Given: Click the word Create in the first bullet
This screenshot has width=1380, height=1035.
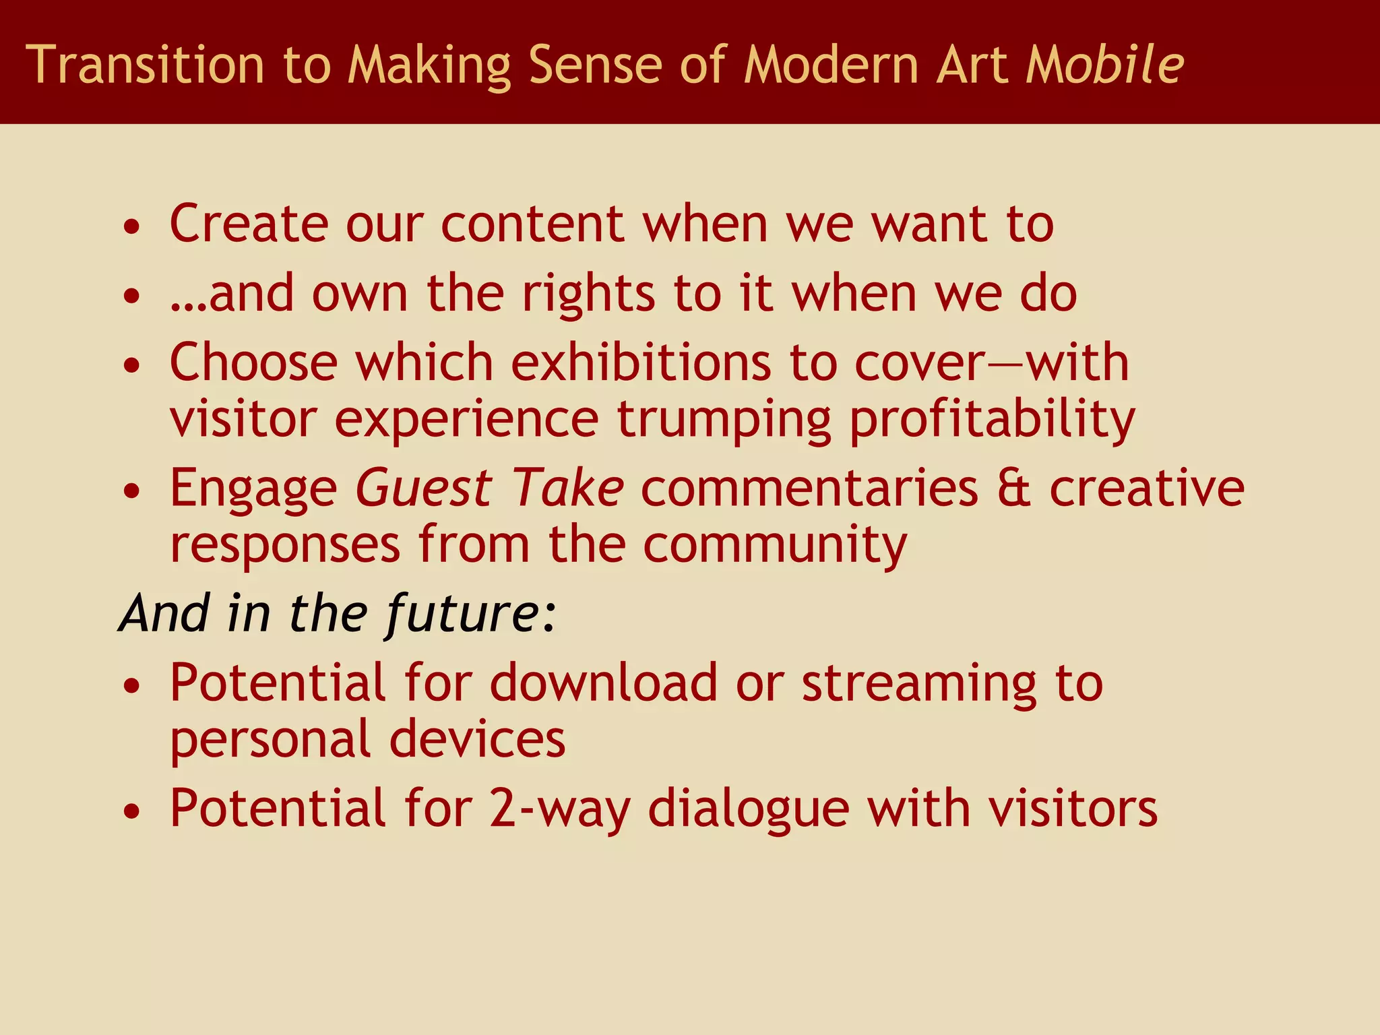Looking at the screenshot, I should (x=249, y=224).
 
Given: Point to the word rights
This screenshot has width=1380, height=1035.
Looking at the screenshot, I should (x=588, y=295).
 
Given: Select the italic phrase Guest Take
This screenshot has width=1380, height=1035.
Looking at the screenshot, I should (x=489, y=488).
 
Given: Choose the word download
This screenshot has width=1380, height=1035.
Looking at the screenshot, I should (x=604, y=683).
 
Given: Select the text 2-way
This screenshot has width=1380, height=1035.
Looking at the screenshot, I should (x=560, y=809).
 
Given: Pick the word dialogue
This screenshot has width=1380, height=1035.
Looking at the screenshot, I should (x=749, y=809).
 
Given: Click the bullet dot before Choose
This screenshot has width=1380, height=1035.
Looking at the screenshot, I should (x=133, y=365).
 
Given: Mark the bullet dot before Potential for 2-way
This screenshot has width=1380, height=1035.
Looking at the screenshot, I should (x=133, y=811).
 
